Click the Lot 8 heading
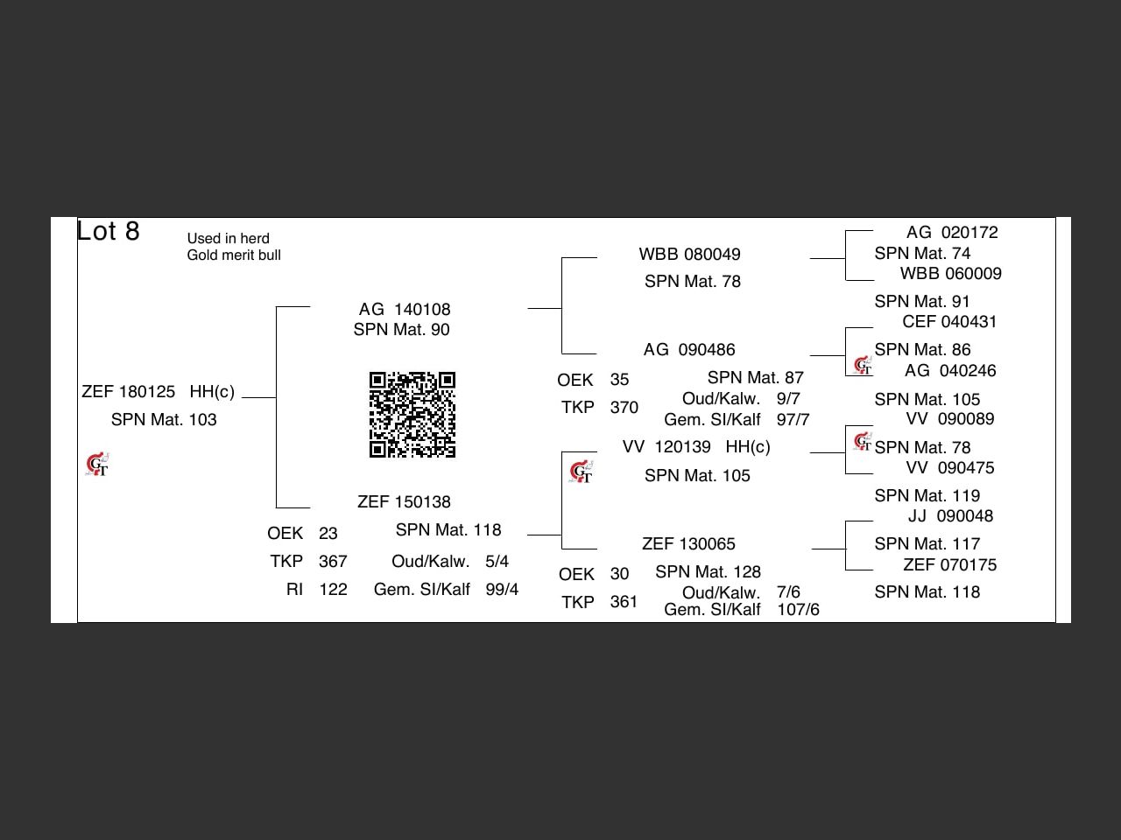108,231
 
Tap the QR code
412,415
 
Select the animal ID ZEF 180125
128,392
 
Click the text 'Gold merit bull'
234,255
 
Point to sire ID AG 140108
405,309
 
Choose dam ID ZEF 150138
404,502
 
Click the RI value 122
333,590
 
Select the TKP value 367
333,562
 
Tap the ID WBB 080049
689,254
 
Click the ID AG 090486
689,350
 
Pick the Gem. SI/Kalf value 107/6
798,610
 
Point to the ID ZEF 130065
688,544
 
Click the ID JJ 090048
950,516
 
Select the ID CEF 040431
949,322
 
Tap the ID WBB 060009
950,274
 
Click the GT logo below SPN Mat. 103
97,464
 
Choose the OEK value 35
619,380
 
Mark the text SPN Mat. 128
708,572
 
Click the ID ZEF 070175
950,565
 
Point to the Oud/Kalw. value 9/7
788,398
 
